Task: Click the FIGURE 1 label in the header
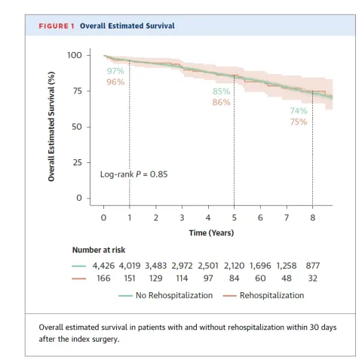point(57,26)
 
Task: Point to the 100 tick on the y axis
point(73,55)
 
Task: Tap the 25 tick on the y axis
point(76,162)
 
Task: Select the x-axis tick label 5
point(234,217)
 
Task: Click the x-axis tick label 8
point(312,217)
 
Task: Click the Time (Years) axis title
point(211,232)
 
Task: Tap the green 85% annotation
point(221,91)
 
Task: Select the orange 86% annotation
point(221,103)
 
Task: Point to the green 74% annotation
point(299,110)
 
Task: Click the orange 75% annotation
point(299,122)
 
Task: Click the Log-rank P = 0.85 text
point(133,174)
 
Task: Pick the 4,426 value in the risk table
point(103,266)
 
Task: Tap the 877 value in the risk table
point(313,266)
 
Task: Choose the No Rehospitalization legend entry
point(173,295)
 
